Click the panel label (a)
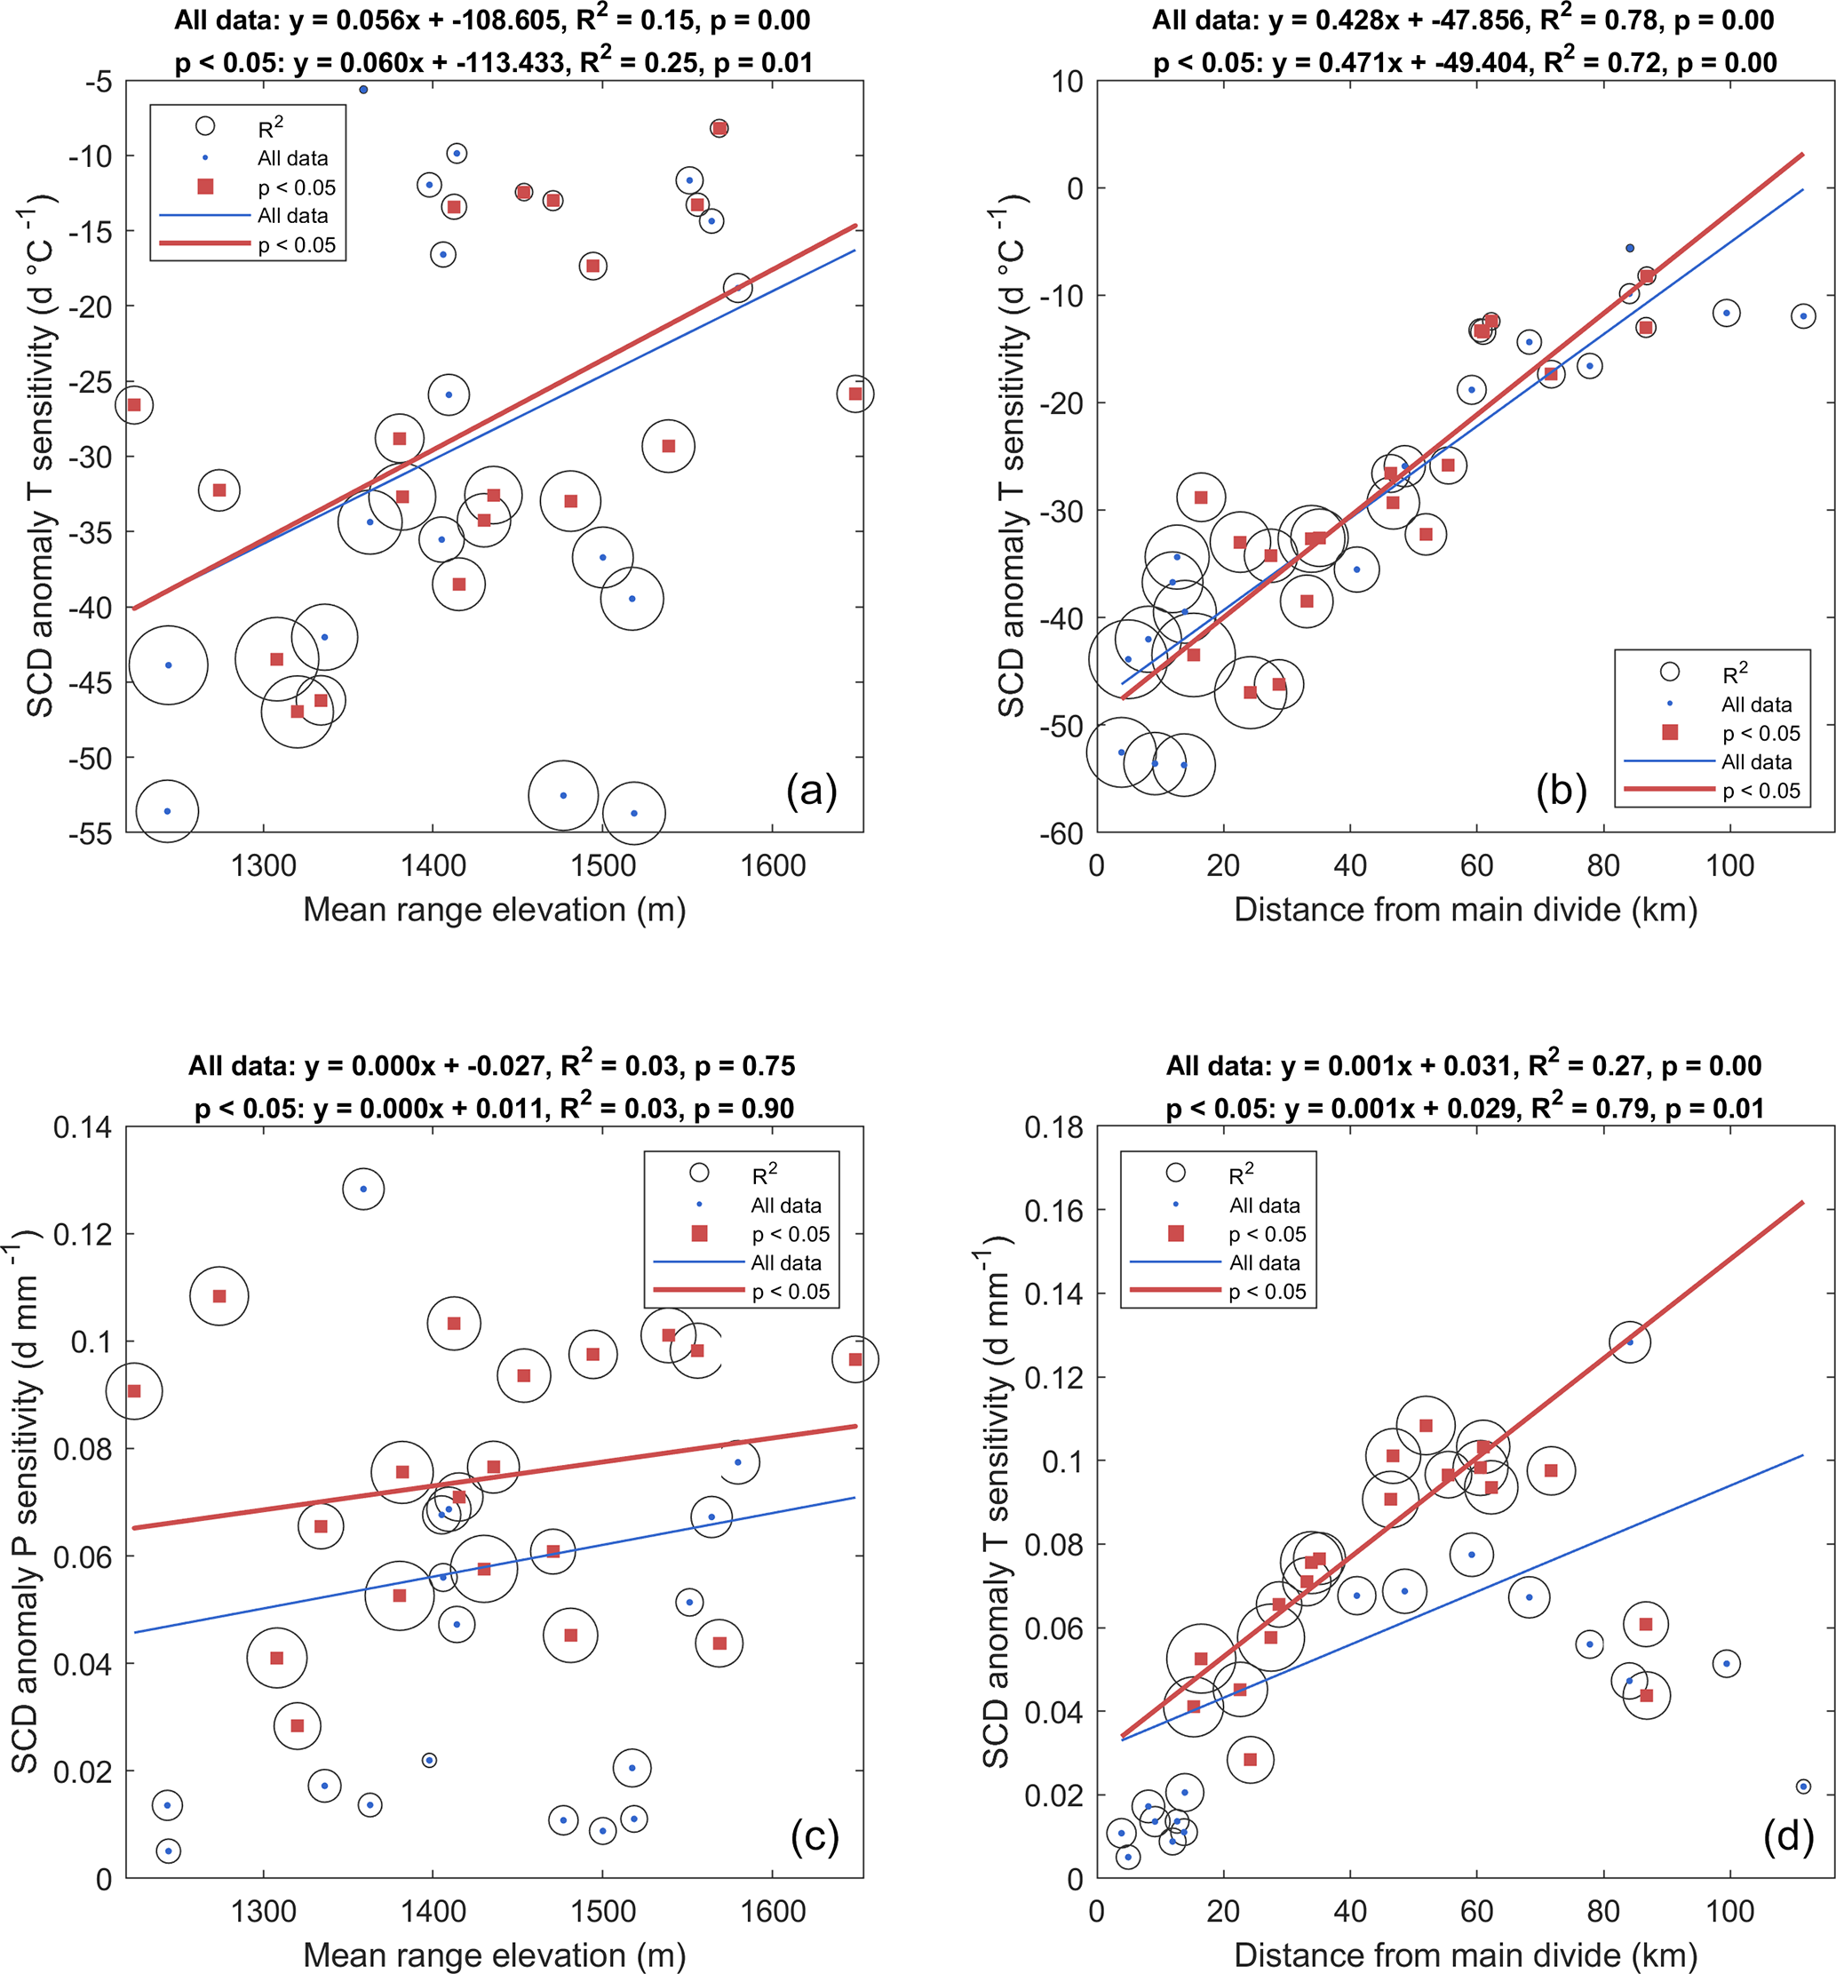811,791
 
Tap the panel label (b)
1561,791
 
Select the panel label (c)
815,1836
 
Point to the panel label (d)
1788,1836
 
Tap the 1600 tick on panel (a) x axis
773,866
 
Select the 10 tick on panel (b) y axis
1067,82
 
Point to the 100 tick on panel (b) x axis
1729,866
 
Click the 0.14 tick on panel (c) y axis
82,1128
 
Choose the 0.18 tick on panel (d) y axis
1054,1128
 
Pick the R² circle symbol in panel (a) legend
205,126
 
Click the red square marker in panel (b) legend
1670,732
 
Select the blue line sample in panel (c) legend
698,1262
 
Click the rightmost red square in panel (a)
855,394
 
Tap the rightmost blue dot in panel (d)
1803,1787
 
